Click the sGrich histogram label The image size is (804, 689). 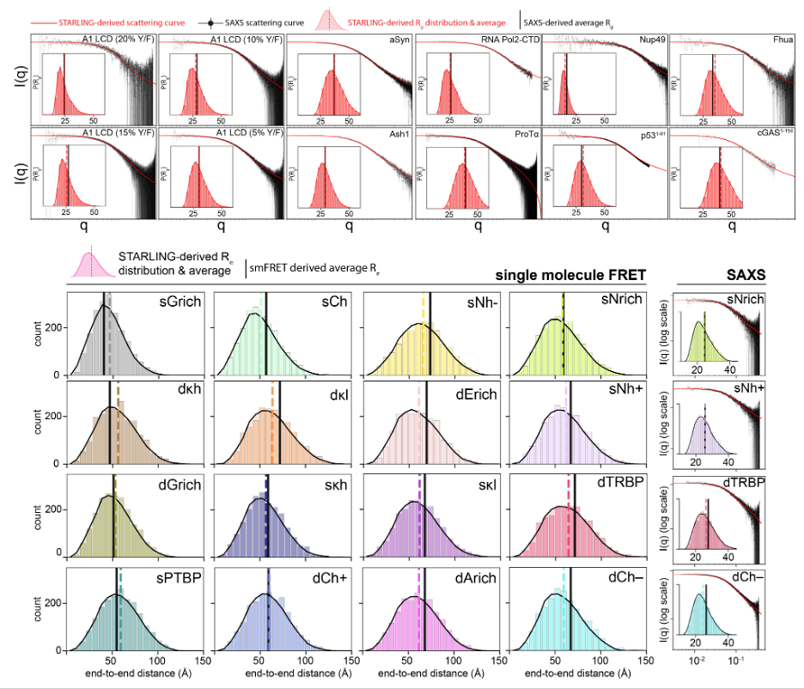(180, 302)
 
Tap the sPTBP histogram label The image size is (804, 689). (179, 577)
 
